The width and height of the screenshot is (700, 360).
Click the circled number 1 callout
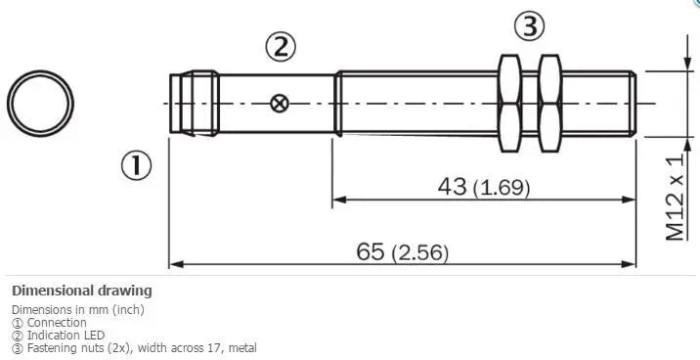[136, 165]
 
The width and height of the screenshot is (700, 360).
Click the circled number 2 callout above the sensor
[281, 47]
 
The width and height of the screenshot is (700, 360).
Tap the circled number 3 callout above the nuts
[530, 26]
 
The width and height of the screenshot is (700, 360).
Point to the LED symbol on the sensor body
[280, 104]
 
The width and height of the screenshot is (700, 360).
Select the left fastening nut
[509, 103]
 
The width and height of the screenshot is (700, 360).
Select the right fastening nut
[550, 103]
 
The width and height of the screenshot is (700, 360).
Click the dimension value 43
[452, 186]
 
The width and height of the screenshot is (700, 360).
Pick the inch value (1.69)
[502, 188]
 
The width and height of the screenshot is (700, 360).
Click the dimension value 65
[371, 251]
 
